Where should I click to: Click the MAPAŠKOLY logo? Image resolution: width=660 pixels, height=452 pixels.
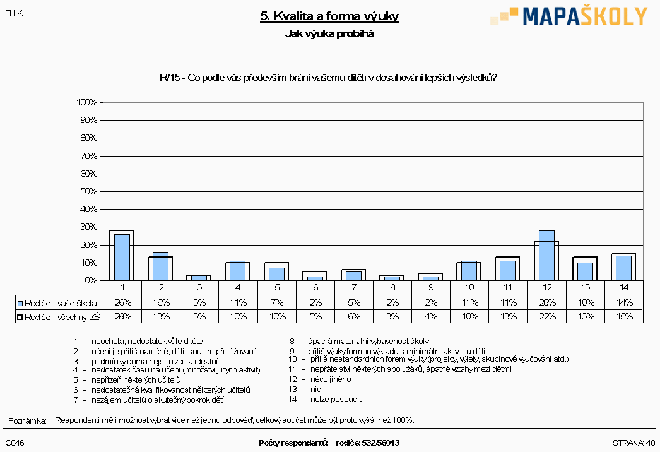coord(569,16)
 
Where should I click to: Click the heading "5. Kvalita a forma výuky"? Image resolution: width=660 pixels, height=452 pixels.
coord(329,16)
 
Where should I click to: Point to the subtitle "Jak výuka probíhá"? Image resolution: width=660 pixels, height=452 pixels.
coord(329,33)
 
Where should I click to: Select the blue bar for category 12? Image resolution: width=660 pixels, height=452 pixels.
coord(546,255)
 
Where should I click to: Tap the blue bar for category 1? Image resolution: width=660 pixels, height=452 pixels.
coord(122,257)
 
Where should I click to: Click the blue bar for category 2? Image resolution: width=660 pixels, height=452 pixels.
coord(160,266)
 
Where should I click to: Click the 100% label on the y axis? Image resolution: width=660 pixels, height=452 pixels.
coord(86,102)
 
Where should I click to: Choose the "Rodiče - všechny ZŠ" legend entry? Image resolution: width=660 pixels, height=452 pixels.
coord(59,317)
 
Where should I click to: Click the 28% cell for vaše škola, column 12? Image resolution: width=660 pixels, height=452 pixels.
coord(547,302)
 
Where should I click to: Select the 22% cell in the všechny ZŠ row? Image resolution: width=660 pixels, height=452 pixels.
coord(547,316)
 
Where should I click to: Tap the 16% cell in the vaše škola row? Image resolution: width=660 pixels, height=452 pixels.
coord(161,302)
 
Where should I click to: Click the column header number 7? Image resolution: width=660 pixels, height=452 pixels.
coord(354,287)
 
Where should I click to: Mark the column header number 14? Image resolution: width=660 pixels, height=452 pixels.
coord(624,287)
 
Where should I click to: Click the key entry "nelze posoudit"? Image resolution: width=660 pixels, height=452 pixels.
coord(336,400)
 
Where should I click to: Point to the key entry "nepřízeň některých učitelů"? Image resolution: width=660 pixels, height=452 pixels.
coord(136,379)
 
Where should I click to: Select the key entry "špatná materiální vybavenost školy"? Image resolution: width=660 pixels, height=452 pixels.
coord(368,342)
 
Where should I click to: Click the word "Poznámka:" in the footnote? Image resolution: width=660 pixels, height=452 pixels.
coord(27,420)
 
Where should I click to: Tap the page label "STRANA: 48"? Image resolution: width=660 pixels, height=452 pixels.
coord(634,443)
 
